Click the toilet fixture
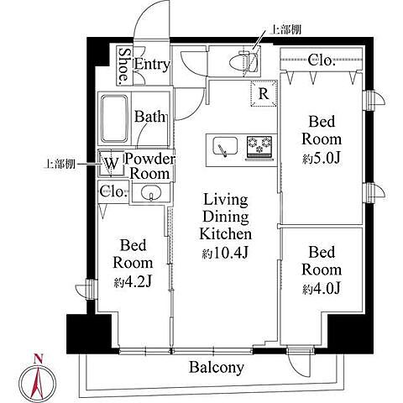(243, 61)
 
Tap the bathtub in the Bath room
(114, 118)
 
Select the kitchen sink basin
(225, 146)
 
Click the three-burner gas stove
(259, 148)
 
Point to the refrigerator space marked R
(264, 94)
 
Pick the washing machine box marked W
(111, 164)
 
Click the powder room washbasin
(151, 193)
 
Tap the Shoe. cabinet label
(124, 65)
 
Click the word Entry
(152, 65)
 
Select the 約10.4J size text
(225, 254)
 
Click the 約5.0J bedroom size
(322, 159)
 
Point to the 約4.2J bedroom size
(133, 282)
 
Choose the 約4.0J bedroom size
(322, 289)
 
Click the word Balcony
(217, 367)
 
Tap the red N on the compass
(38, 359)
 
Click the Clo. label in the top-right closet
(322, 60)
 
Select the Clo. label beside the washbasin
(112, 191)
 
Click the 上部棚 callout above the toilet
(285, 29)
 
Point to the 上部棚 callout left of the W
(60, 164)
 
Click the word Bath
(149, 117)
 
